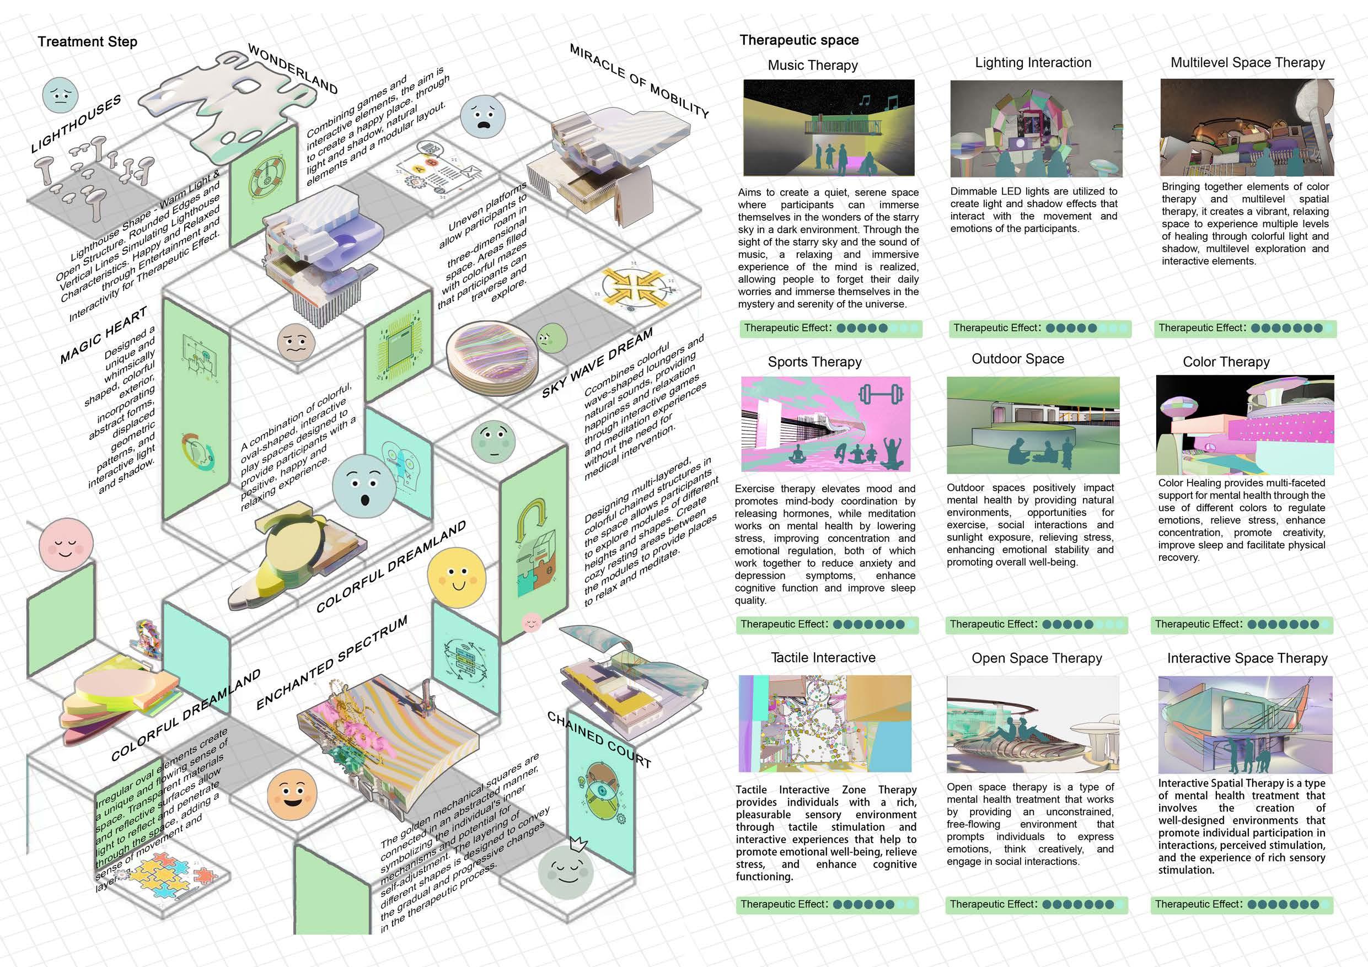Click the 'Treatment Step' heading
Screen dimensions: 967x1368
tap(88, 42)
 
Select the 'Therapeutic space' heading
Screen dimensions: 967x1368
tap(799, 40)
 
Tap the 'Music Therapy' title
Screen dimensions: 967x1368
tap(813, 66)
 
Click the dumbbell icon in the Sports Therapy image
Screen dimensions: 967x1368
tap(881, 394)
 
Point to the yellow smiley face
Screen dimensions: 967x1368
tap(457, 577)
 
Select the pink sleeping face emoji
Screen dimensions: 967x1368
tap(66, 546)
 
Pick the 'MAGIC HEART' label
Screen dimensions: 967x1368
tap(104, 335)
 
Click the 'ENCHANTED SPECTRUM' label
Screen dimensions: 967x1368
tap(332, 662)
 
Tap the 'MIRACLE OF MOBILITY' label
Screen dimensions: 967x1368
tap(639, 80)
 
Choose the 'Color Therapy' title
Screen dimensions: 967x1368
tap(1226, 362)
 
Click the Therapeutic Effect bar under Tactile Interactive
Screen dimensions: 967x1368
tap(827, 905)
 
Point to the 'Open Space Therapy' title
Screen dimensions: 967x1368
tap(1037, 658)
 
